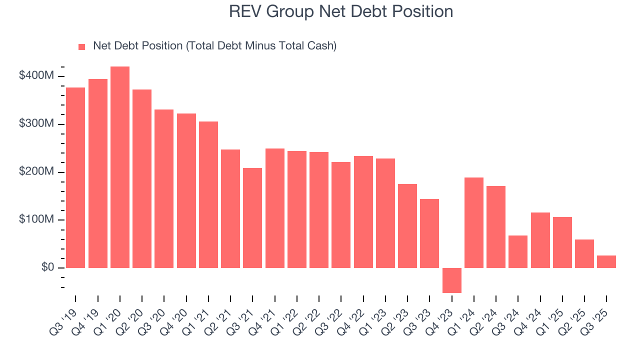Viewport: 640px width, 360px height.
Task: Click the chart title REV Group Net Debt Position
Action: [341, 11]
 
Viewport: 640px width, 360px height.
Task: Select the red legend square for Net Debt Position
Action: [81, 47]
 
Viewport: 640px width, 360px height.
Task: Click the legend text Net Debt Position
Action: [214, 46]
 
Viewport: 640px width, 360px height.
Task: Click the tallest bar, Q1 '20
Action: [120, 167]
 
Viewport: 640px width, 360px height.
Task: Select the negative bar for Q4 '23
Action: [452, 280]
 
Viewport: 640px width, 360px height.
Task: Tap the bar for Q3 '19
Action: [75, 178]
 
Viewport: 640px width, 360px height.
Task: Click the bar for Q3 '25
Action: [606, 262]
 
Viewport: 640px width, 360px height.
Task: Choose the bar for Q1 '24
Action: [474, 223]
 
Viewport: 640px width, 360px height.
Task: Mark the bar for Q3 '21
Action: [252, 218]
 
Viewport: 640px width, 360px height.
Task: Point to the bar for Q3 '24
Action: [518, 251]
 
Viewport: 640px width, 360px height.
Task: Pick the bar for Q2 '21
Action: [230, 209]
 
